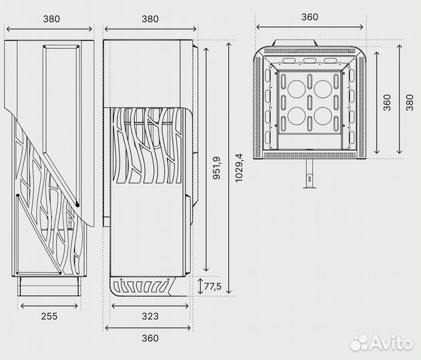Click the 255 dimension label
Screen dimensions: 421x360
pyautogui.click(x=49, y=316)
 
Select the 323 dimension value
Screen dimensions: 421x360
pyautogui.click(x=150, y=316)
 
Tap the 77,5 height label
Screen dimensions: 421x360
pyautogui.click(x=213, y=287)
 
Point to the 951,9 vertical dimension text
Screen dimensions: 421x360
pyautogui.click(x=216, y=167)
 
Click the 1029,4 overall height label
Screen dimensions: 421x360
pyautogui.click(x=239, y=168)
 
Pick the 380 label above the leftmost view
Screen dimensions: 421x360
pyautogui.click(x=51, y=19)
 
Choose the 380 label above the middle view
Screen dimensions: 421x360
pyautogui.click(x=150, y=19)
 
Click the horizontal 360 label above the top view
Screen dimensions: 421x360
pyautogui.click(x=310, y=17)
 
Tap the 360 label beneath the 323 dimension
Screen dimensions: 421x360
pyautogui.click(x=150, y=338)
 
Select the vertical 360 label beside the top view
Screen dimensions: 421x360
pyautogui.click(x=387, y=103)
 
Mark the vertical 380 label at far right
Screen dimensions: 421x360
pyautogui.click(x=410, y=103)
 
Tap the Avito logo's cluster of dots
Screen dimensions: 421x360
pyautogui.click(x=359, y=343)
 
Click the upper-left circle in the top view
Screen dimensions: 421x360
pyautogui.click(x=297, y=89)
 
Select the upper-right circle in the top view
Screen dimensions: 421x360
pyautogui.click(x=323, y=89)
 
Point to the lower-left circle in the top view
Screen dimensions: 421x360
pyautogui.click(x=297, y=116)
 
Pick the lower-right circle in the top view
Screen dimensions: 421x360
pyautogui.click(x=323, y=116)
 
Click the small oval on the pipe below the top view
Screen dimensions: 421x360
pyautogui.click(x=310, y=177)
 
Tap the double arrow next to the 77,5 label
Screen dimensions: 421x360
pyautogui.click(x=200, y=286)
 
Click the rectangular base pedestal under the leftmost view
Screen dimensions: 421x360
pyautogui.click(x=49, y=287)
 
